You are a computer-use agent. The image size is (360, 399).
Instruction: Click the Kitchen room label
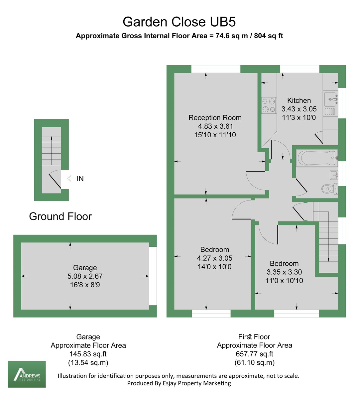pos(299,100)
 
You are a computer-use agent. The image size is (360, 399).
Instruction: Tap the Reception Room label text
pos(215,118)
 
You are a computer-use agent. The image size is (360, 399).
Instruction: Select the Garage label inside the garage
pos(85,268)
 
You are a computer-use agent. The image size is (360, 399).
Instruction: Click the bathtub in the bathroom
pos(316,158)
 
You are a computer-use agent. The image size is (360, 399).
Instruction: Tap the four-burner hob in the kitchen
pos(269,105)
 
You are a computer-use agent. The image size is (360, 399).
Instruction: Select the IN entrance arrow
pos(71,179)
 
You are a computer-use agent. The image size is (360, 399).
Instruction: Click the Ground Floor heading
pos(60,216)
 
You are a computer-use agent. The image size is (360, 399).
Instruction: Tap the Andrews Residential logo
pos(27,374)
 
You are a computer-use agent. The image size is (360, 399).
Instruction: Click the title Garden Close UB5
pos(179,22)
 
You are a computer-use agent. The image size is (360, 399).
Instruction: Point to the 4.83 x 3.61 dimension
pos(215,126)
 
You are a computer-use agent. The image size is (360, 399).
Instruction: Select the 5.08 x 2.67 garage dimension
pos(85,276)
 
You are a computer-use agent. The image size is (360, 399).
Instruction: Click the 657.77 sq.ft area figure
pos(254,354)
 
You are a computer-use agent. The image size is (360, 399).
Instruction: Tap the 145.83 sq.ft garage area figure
pos(88,354)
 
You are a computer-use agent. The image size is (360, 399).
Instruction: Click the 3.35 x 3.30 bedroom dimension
pos(284,272)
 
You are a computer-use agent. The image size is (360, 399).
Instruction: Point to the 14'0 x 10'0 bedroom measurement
pos(214,267)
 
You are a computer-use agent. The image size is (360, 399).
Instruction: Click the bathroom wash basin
pos(333,174)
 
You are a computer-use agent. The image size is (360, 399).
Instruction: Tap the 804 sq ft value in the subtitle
pos(269,36)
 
